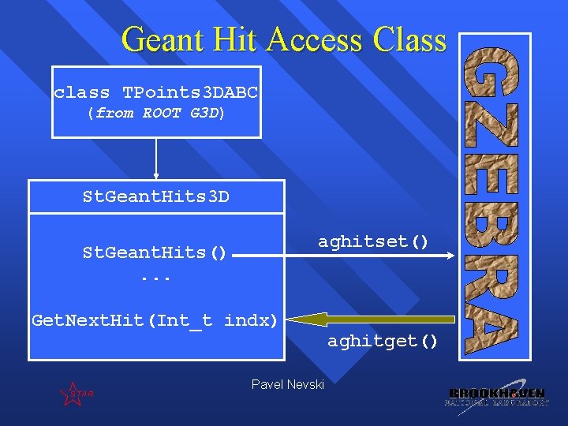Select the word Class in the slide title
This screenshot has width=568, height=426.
tap(404, 39)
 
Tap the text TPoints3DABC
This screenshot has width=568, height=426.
tap(190, 93)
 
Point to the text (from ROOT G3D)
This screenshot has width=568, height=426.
tap(156, 113)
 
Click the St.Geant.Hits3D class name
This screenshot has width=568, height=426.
tap(156, 196)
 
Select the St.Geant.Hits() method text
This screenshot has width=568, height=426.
tap(155, 253)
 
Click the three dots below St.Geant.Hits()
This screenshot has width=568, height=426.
tap(155, 278)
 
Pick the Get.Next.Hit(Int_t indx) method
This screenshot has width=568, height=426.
tap(155, 320)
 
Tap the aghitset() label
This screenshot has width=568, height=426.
tap(373, 241)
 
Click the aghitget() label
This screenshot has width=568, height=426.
tap(383, 341)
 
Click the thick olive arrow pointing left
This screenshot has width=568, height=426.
tap(371, 319)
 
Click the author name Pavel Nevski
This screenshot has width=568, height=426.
tap(287, 384)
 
